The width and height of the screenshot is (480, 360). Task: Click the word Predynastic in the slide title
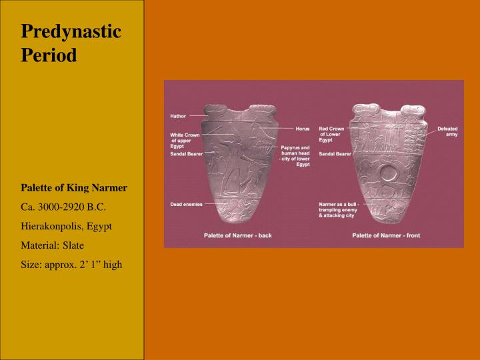(71, 31)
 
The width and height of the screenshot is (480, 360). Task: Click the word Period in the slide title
(49, 55)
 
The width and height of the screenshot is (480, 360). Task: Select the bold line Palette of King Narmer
(74, 188)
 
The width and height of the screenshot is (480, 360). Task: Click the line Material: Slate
(52, 245)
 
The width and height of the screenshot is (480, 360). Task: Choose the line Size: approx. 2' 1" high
(71, 264)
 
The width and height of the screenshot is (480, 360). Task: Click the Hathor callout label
(178, 116)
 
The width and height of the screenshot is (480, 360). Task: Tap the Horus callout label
(303, 128)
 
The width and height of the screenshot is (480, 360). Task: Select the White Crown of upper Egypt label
(185, 141)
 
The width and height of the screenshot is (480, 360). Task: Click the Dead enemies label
(186, 203)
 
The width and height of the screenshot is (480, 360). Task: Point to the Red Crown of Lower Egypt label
(331, 134)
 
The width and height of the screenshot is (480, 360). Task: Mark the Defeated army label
(447, 131)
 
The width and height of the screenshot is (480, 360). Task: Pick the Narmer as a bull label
(340, 210)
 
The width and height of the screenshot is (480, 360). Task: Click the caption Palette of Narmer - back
(237, 235)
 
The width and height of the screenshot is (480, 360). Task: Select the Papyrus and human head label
(295, 155)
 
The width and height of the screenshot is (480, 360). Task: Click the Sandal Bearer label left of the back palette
(186, 155)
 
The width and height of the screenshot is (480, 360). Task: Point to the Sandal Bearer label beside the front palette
(335, 154)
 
